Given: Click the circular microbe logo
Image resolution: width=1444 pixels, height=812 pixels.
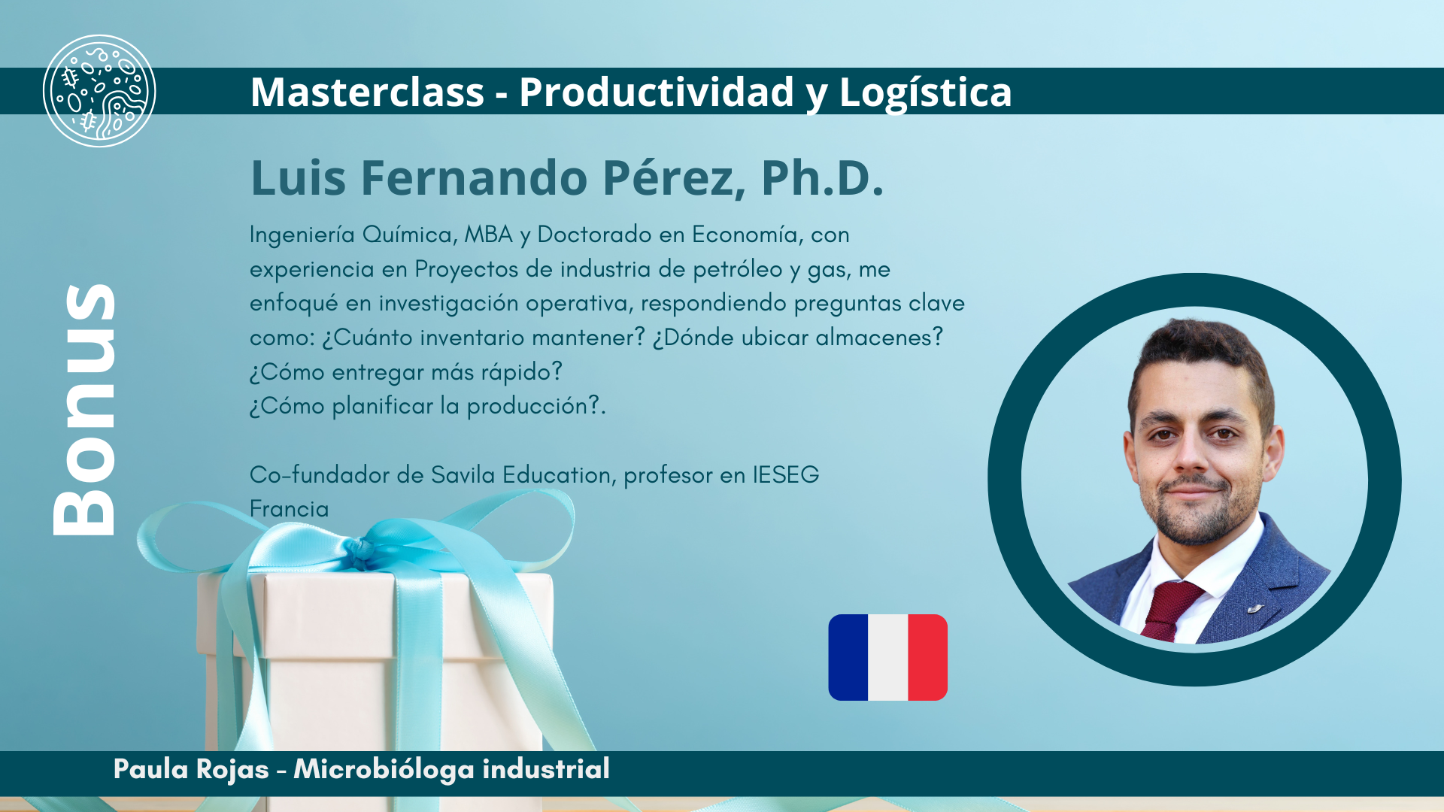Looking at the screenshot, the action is (x=99, y=91).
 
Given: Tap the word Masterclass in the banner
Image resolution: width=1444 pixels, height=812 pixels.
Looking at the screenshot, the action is (x=367, y=92).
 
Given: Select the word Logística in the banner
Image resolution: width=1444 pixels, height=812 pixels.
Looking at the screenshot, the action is (x=925, y=93).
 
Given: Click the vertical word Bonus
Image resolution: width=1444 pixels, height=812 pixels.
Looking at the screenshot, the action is (x=84, y=410).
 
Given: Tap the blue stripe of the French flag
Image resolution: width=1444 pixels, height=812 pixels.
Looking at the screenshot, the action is (x=848, y=658).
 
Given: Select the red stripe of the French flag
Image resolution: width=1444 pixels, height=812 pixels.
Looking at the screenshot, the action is (x=928, y=658).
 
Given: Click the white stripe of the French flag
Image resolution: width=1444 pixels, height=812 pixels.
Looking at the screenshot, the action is (x=888, y=658).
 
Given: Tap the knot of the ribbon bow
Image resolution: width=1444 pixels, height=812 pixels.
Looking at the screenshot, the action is (x=363, y=553).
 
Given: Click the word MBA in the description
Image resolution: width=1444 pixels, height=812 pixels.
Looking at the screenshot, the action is (x=488, y=235).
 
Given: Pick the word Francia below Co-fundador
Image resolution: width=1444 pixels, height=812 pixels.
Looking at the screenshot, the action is (x=290, y=509).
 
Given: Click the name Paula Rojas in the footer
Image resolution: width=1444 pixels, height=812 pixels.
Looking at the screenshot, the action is (x=191, y=769).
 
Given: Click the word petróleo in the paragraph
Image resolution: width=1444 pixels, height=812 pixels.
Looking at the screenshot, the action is (x=738, y=269).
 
